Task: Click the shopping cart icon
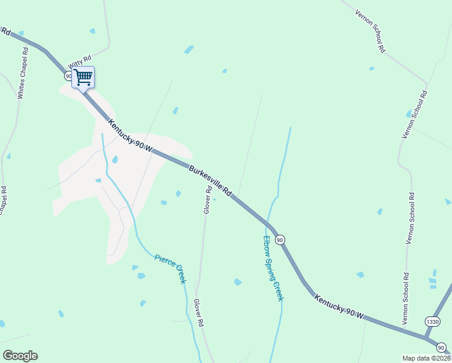point(83,77)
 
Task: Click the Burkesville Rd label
point(210,180)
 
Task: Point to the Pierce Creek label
point(170,269)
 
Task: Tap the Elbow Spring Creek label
point(273,268)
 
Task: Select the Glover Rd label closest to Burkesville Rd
point(207,199)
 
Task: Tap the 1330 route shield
point(432,321)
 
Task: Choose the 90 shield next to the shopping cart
point(68,76)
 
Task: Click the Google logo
point(20,356)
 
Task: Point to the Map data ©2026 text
point(426,358)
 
